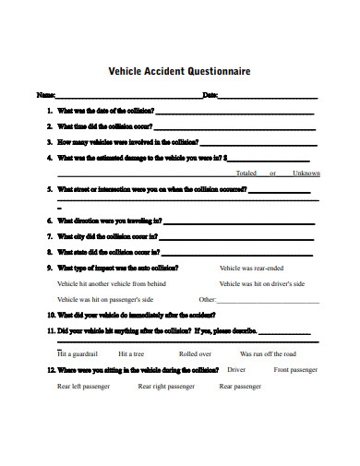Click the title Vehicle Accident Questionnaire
point(179,71)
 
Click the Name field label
point(44,95)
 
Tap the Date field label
point(210,95)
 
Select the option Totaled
point(246,173)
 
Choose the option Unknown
point(306,173)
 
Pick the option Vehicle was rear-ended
point(252,268)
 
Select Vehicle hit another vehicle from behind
point(112,284)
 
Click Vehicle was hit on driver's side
point(262,284)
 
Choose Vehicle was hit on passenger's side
point(105,300)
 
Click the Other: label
point(208,300)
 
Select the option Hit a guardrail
point(78,353)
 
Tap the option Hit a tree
point(131,353)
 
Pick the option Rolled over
point(195,353)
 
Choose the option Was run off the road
point(268,353)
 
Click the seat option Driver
point(237,369)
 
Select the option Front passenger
point(295,369)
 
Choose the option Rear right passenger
point(166,387)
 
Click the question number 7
point(49,236)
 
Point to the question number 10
point(50,315)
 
